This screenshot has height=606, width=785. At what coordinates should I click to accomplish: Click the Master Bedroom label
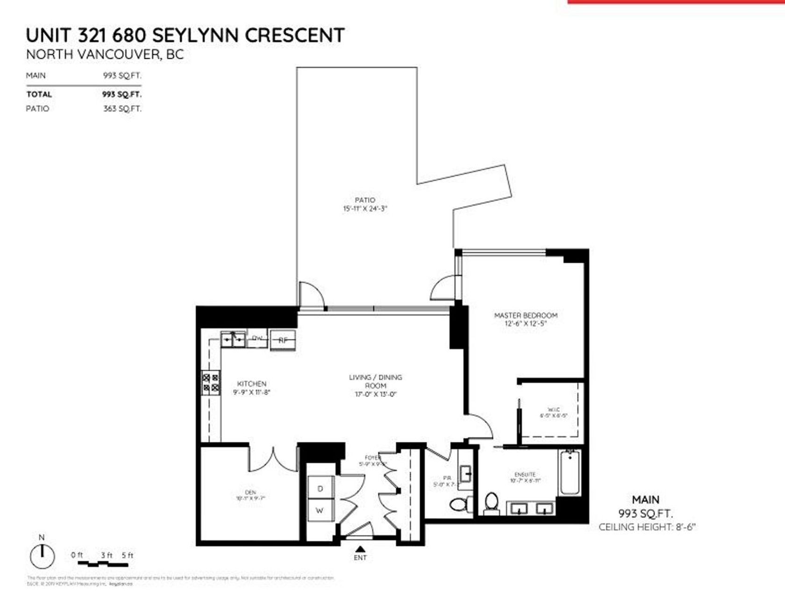[x=526, y=315]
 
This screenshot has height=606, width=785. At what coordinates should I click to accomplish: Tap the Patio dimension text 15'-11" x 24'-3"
[x=365, y=209]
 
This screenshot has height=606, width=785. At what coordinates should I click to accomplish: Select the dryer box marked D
[x=321, y=488]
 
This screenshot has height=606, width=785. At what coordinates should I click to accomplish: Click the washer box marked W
[x=320, y=510]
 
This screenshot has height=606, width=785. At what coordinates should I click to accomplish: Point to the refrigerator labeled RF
[x=283, y=340]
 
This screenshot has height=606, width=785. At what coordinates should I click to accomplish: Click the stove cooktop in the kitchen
[x=211, y=383]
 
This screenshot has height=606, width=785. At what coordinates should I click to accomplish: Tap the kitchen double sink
[x=233, y=340]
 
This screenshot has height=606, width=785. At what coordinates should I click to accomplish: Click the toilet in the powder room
[x=459, y=504]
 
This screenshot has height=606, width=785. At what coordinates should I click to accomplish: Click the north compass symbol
[x=42, y=556]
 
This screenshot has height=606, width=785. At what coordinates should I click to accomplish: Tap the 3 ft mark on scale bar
[x=107, y=555]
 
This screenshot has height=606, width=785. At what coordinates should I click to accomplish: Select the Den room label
[x=250, y=492]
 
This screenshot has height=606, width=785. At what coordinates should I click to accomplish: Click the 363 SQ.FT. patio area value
[x=122, y=109]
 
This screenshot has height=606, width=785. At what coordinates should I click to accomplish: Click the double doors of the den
[x=272, y=460]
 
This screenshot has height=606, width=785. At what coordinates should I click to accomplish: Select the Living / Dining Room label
[x=375, y=381]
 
